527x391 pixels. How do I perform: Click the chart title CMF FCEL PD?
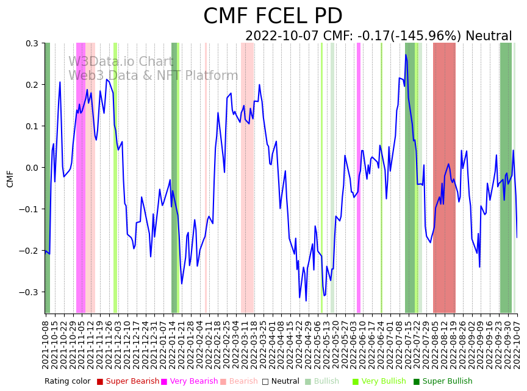click(273, 16)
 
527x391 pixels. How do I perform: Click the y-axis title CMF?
click(10, 178)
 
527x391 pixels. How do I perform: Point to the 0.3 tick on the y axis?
click(31, 43)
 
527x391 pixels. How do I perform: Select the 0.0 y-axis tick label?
click(31, 168)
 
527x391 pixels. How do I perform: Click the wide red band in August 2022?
click(444, 177)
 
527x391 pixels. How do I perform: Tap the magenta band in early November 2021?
click(81, 177)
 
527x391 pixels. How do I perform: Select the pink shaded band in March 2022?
click(247, 177)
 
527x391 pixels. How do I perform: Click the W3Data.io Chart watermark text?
click(121, 62)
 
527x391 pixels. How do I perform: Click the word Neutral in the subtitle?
click(489, 36)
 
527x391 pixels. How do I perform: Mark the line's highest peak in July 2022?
click(406, 55)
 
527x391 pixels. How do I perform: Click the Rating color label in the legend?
click(67, 381)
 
